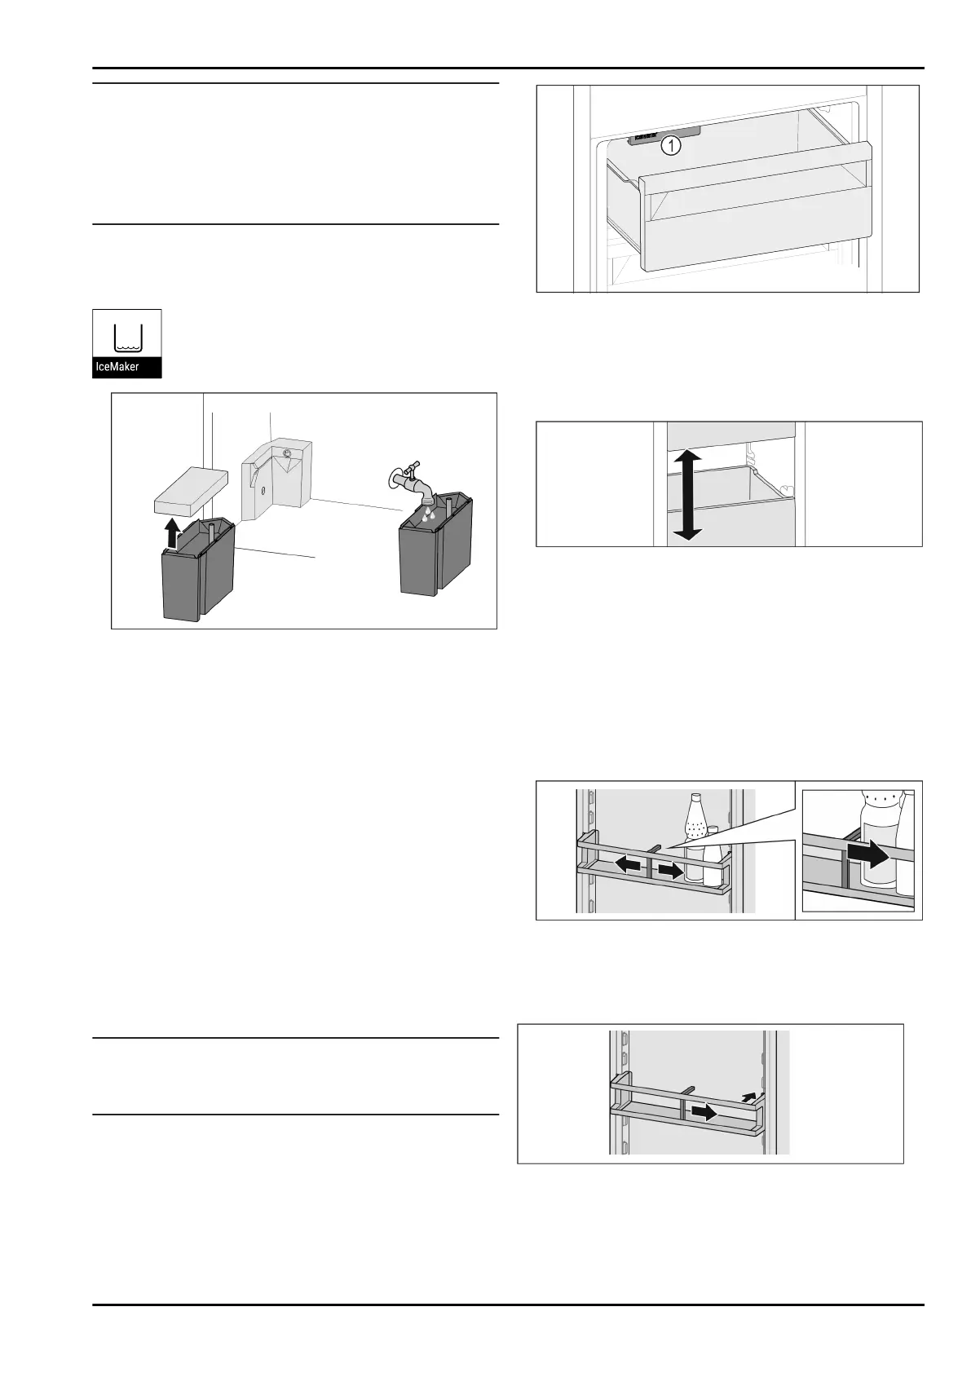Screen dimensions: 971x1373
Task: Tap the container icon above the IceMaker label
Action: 128,333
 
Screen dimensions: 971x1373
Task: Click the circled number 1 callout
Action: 670,147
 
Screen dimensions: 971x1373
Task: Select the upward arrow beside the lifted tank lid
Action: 171,534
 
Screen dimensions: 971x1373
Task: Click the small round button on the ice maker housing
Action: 287,453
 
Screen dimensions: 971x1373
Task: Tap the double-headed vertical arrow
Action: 686,493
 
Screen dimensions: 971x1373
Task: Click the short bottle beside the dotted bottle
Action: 713,856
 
